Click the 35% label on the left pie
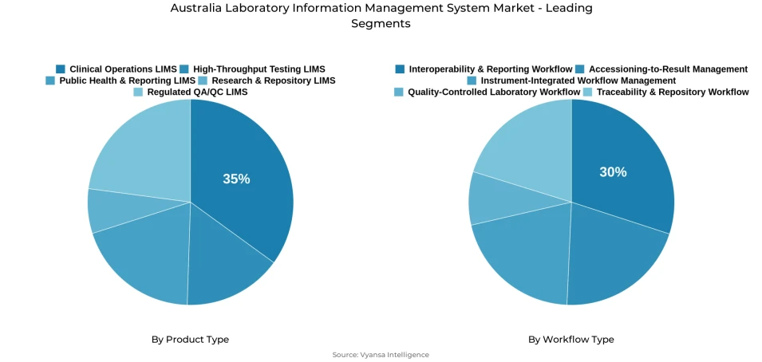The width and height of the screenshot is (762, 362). pyautogui.click(x=236, y=179)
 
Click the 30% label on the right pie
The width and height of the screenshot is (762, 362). pyautogui.click(x=613, y=172)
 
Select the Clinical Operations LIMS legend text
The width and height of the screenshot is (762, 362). pyautogui.click(x=123, y=69)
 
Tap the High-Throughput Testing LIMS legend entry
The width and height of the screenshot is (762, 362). pyautogui.click(x=259, y=69)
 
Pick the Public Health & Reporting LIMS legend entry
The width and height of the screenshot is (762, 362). pyautogui.click(x=127, y=81)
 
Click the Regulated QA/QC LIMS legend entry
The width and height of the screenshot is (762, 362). pyautogui.click(x=197, y=92)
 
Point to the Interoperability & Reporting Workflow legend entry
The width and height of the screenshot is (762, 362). pyautogui.click(x=490, y=69)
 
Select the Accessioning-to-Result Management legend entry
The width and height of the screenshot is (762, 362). pyautogui.click(x=668, y=69)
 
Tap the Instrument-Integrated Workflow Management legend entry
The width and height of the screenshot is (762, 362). pyautogui.click(x=578, y=81)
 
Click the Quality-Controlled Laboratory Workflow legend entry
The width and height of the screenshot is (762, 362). pyautogui.click(x=493, y=92)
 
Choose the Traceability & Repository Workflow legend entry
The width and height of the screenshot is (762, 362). pyautogui.click(x=672, y=92)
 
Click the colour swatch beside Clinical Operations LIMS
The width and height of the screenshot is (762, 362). pyautogui.click(x=61, y=69)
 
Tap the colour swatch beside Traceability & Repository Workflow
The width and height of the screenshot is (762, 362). pyautogui.click(x=588, y=92)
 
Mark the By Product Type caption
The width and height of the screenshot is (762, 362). pyautogui.click(x=190, y=340)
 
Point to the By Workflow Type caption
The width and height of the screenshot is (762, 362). pyautogui.click(x=571, y=340)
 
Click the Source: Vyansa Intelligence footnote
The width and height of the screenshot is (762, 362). pyautogui.click(x=381, y=355)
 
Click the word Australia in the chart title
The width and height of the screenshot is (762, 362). pyautogui.click(x=196, y=8)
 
